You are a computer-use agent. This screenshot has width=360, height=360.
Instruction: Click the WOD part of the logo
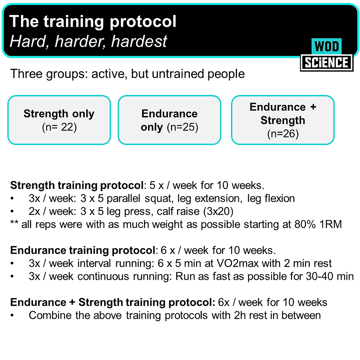(327, 46)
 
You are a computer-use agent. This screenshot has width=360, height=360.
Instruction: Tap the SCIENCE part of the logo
(327, 63)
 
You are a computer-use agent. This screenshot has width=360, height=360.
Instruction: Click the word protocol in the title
(143, 22)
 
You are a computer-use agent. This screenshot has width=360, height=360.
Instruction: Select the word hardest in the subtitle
(139, 42)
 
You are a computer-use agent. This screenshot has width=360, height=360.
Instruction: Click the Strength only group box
(59, 120)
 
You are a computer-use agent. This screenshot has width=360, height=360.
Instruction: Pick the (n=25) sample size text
(183, 127)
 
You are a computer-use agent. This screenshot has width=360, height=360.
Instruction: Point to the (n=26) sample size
(283, 133)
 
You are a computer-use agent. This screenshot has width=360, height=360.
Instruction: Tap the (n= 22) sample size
(59, 127)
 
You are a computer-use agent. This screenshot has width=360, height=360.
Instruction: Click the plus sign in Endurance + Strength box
(313, 107)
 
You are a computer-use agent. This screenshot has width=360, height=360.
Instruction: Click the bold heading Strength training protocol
(77, 186)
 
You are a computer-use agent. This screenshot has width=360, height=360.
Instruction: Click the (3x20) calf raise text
(218, 211)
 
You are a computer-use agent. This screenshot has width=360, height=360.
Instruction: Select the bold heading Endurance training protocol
(82, 250)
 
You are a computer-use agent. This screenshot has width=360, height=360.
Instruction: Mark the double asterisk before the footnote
(14, 223)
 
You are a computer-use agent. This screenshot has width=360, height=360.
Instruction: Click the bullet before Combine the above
(12, 316)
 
